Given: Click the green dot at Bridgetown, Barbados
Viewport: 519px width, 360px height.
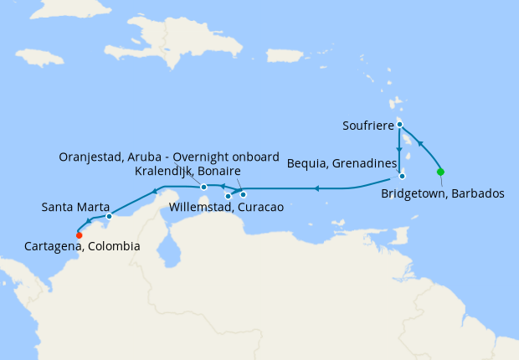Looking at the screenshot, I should click(440, 172).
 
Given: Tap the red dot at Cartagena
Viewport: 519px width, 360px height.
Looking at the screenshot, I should click(79, 234).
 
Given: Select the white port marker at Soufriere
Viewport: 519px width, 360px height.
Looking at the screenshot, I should click(400, 125).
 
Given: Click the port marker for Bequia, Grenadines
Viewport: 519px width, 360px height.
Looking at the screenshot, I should click(403, 176).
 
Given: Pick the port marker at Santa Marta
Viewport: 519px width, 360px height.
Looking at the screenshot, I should click(110, 216).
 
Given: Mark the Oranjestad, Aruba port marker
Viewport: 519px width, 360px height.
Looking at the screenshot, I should click(203, 187).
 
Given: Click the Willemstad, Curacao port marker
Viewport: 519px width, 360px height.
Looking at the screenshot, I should click(228, 196).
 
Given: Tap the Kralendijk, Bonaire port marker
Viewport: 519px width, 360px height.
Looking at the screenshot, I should click(244, 195).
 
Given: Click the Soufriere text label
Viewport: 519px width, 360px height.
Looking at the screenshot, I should click(368, 126).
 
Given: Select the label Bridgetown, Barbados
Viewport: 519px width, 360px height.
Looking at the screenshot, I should click(443, 193).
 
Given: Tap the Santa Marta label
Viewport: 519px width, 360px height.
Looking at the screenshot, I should click(72, 206).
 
